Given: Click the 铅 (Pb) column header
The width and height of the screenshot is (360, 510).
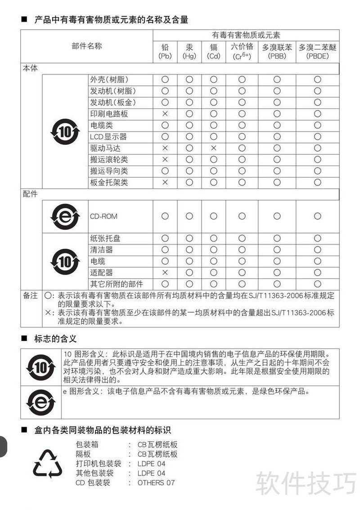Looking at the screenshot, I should pyautogui.click(x=165, y=51).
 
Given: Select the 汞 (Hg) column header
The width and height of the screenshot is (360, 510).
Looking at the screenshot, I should pyautogui.click(x=189, y=51).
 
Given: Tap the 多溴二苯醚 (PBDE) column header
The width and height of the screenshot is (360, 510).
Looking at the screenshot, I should pyautogui.click(x=317, y=51).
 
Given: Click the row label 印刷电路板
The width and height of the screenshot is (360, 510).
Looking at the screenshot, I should pyautogui.click(x=109, y=114).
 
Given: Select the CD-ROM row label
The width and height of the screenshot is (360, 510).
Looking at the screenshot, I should pyautogui.click(x=103, y=216).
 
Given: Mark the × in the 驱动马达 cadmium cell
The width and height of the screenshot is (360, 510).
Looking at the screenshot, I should pyautogui.click(x=214, y=148).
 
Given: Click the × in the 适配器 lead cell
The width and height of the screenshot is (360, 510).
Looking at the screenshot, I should pyautogui.click(x=165, y=273).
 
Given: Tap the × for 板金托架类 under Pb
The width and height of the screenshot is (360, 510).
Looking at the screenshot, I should pyautogui.click(x=165, y=182).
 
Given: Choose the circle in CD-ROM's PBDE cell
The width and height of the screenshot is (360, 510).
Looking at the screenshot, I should pyautogui.click(x=317, y=216).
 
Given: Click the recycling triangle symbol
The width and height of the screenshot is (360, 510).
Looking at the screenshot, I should pyautogui.click(x=47, y=464).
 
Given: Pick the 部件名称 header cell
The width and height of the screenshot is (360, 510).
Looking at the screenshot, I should pyautogui.click(x=87, y=46).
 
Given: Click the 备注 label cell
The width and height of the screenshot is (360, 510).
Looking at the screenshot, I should pyautogui.click(x=31, y=295).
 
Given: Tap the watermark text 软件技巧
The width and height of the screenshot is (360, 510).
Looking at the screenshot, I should pyautogui.click(x=306, y=483).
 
